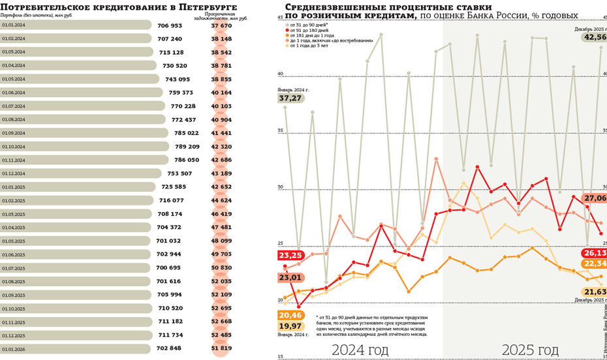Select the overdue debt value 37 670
[x=221, y=25]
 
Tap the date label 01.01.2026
[x=13, y=348]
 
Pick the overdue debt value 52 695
[x=221, y=308]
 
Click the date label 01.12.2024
[x=13, y=173]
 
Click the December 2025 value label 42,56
[x=595, y=37]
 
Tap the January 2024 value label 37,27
[x=290, y=98]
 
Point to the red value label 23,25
[x=290, y=255]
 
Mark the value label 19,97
[x=290, y=326]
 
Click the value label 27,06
[x=595, y=198]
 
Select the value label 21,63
[x=595, y=292]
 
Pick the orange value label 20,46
[x=290, y=315]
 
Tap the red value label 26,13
[x=595, y=252]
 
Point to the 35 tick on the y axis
[x=280, y=131]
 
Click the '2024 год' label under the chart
[x=360, y=350]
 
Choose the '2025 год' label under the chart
[x=530, y=350]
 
